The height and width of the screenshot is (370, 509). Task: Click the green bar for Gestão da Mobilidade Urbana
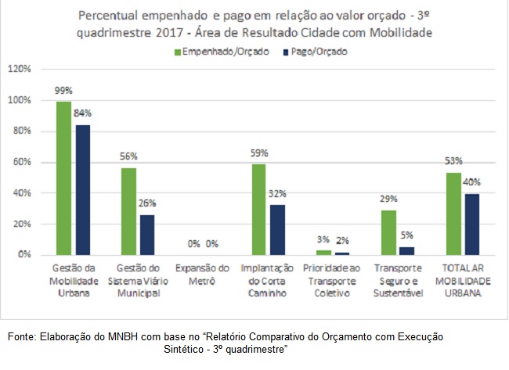pyautogui.click(x=63, y=178)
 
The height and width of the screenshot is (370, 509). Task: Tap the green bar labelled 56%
pyautogui.click(x=128, y=211)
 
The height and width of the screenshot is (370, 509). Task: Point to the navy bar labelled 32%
pyautogui.click(x=276, y=230)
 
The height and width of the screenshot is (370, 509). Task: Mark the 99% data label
pyautogui.click(x=63, y=90)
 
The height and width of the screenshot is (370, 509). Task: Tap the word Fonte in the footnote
pyautogui.click(x=22, y=336)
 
